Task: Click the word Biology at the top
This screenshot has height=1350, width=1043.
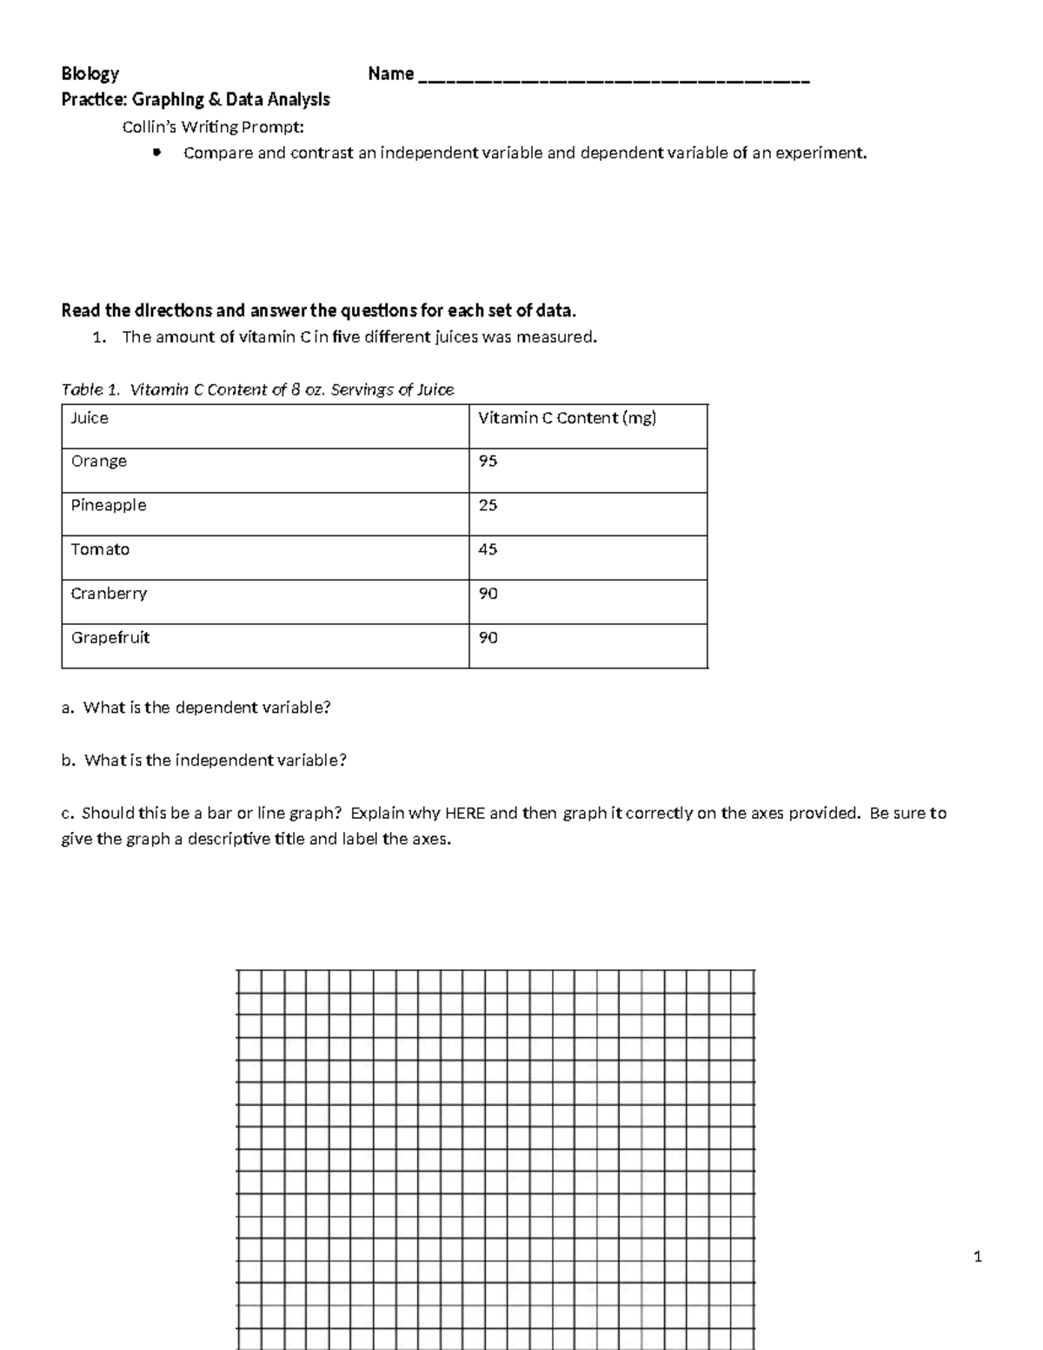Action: point(90,74)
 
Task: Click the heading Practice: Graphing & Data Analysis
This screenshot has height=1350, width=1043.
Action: point(196,100)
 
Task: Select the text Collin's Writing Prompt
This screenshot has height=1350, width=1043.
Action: point(213,127)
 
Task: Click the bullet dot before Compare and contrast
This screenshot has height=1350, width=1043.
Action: point(156,153)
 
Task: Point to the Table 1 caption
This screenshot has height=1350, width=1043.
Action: point(257,389)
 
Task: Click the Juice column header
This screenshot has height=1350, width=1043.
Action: point(90,418)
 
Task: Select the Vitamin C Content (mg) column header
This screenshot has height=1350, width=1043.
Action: point(567,418)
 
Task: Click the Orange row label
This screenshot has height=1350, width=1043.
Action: point(99,461)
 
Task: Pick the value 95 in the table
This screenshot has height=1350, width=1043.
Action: point(488,461)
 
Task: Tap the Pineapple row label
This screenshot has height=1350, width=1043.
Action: point(109,505)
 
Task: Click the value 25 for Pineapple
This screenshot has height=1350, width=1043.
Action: point(488,505)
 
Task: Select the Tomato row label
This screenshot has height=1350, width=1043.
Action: point(100,549)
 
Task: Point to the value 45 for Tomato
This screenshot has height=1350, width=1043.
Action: point(488,549)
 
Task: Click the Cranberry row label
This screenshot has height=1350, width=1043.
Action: point(109,594)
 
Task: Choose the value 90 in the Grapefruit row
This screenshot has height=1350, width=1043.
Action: point(488,638)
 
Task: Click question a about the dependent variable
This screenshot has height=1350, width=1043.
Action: point(196,708)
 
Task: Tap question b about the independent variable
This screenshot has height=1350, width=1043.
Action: point(204,761)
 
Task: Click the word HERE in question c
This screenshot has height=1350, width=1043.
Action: point(464,814)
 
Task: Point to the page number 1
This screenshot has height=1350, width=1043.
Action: point(978,1256)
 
